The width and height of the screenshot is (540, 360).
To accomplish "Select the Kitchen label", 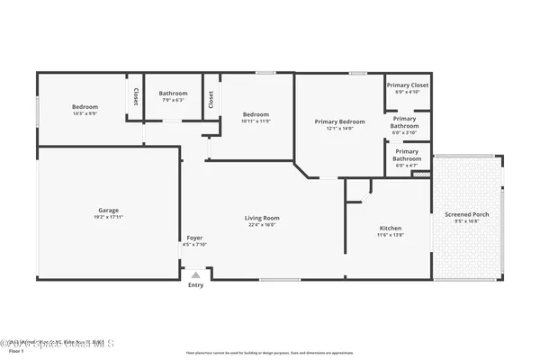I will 390,229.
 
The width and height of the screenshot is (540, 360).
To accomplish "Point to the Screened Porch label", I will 467,215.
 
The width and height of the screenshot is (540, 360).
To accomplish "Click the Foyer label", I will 194,238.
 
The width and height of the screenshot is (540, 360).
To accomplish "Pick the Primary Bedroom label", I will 339,121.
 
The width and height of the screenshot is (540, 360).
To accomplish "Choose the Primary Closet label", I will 408,85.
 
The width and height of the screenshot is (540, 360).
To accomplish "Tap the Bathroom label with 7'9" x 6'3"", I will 173,93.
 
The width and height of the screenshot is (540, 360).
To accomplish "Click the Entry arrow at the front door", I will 195,274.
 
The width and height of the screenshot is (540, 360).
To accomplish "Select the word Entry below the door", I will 195,285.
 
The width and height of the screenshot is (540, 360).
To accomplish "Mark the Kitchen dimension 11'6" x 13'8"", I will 390,236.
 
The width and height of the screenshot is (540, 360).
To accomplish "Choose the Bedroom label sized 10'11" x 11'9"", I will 256,114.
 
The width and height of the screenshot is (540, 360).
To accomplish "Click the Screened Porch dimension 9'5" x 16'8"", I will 467,222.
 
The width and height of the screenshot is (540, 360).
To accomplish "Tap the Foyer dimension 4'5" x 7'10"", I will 194,245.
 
